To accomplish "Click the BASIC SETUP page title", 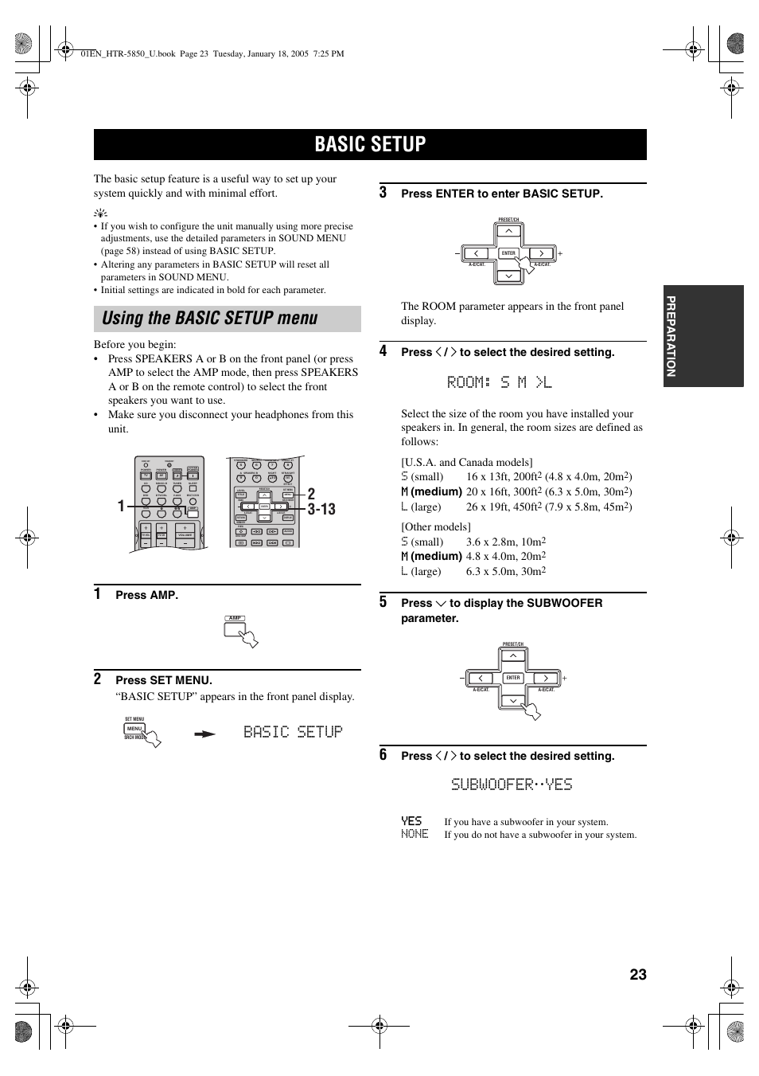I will [370, 144].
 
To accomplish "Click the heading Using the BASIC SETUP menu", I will [210, 319].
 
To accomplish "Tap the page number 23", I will [637, 974].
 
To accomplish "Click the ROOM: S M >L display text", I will [499, 383].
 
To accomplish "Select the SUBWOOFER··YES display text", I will [512, 785].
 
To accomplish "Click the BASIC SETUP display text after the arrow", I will [293, 732].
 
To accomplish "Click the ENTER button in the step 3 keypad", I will [509, 253].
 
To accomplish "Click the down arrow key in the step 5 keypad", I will [513, 701].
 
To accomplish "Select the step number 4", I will [383, 351].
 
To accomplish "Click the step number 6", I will [383, 755].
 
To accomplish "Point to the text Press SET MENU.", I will [164, 680].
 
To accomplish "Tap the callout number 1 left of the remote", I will [121, 507].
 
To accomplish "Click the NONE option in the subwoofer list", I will [415, 834].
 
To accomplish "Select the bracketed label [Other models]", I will [435, 526].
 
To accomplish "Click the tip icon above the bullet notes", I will [99, 213].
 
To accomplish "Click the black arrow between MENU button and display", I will [205, 734].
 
